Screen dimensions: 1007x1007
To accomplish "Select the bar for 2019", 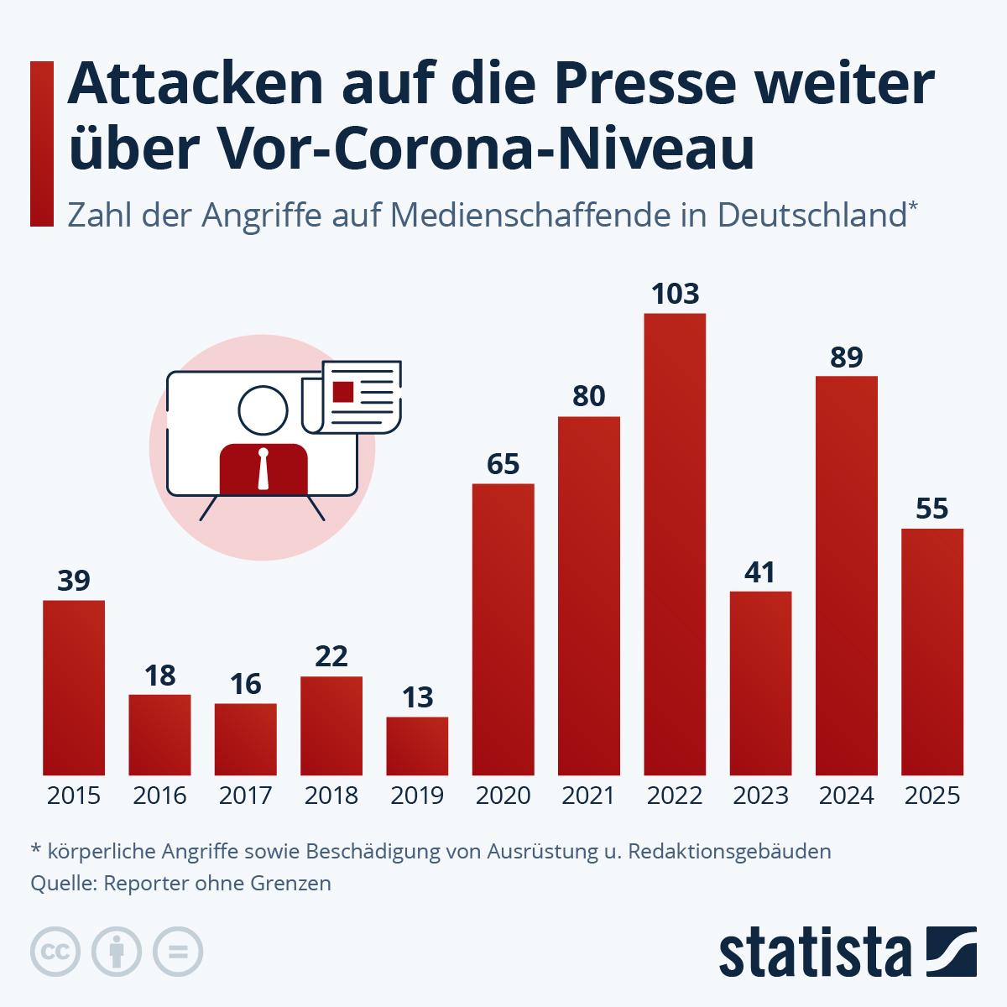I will coord(417,746).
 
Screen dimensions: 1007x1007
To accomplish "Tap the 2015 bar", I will coord(74,687).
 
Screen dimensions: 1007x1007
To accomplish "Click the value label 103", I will coord(675,294).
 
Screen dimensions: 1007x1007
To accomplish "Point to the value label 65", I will coord(503,464).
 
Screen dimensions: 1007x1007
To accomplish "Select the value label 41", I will coord(760,572).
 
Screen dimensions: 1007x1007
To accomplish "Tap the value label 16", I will coord(245,684).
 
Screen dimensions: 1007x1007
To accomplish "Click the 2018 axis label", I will coord(331,796).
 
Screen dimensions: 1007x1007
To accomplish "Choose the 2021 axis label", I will coord(588,796).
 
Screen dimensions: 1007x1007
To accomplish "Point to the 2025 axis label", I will coord(931,796).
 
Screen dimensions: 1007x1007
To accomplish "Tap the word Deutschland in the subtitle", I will coord(811,216).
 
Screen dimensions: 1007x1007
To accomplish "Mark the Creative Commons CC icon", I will coord(55,952).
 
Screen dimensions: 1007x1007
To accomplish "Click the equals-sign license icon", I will coord(178,952).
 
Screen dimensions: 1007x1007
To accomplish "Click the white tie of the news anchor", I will coord(263,469).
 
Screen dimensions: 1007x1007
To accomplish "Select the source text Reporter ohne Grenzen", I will coord(217,883).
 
